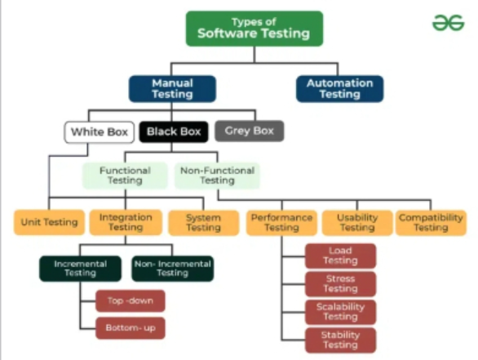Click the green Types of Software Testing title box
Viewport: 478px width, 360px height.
click(x=254, y=29)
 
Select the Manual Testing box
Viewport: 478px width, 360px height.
click(x=173, y=89)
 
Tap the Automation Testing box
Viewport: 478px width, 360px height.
click(x=340, y=89)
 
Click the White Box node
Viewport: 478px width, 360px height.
click(x=100, y=132)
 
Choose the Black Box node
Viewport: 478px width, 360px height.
click(x=174, y=131)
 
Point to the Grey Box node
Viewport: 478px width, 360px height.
click(x=250, y=131)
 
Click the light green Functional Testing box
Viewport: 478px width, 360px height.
click(x=125, y=176)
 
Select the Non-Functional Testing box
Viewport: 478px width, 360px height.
click(x=217, y=176)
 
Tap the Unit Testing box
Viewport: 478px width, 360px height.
click(x=50, y=222)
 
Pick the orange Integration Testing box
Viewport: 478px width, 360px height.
click(x=126, y=222)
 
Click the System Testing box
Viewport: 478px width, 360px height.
click(x=204, y=223)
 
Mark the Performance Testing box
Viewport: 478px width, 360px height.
click(x=281, y=223)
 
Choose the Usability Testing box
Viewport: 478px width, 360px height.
click(x=357, y=223)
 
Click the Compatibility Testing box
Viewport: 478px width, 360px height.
click(x=431, y=223)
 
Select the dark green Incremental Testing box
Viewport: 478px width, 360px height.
click(x=81, y=269)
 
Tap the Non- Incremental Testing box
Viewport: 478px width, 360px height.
click(x=173, y=269)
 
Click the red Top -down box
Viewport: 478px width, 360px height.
click(x=131, y=300)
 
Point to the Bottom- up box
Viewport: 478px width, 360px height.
click(x=131, y=328)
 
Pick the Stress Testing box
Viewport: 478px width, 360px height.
click(x=340, y=284)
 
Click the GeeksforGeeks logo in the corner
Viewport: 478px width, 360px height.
click(x=448, y=23)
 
